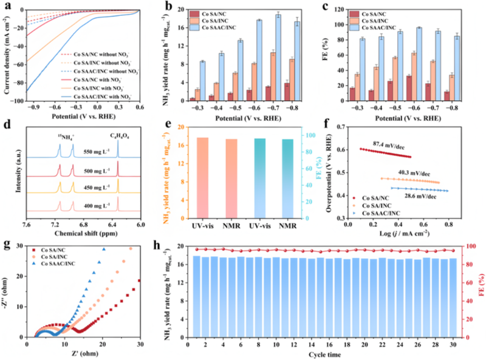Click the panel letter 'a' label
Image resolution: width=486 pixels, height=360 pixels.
click(5, 5)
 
